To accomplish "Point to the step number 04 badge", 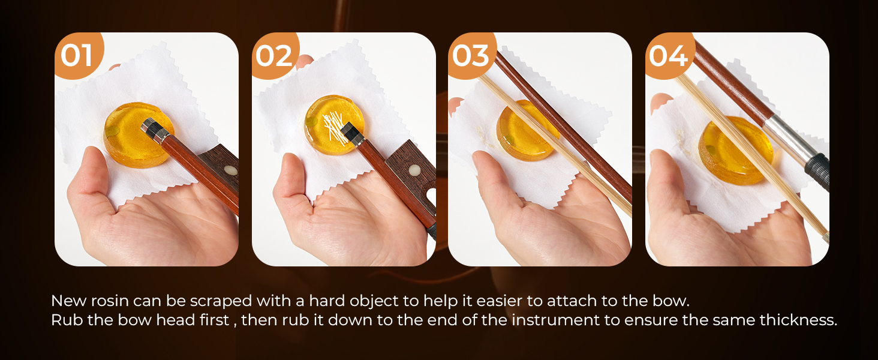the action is pyautogui.click(x=669, y=55).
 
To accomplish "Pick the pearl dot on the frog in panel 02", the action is pyautogui.click(x=414, y=169).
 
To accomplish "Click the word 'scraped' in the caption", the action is pyautogui.click(x=221, y=301).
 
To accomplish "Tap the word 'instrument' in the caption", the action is pyautogui.click(x=556, y=320).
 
